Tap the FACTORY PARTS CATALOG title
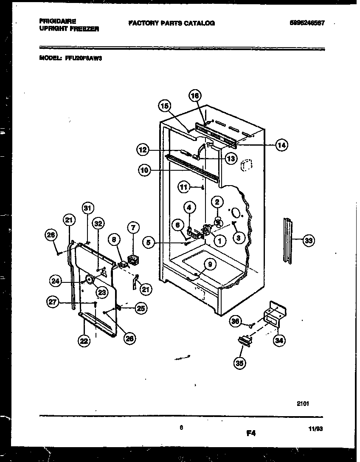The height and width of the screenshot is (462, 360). pyautogui.click(x=171, y=23)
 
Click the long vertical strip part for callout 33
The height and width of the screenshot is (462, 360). pyautogui.click(x=287, y=240)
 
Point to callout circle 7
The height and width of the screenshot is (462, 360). pyautogui.click(x=133, y=228)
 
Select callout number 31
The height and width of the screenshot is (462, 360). pyautogui.click(x=87, y=208)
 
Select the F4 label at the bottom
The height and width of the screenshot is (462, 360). pyautogui.click(x=251, y=433)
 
